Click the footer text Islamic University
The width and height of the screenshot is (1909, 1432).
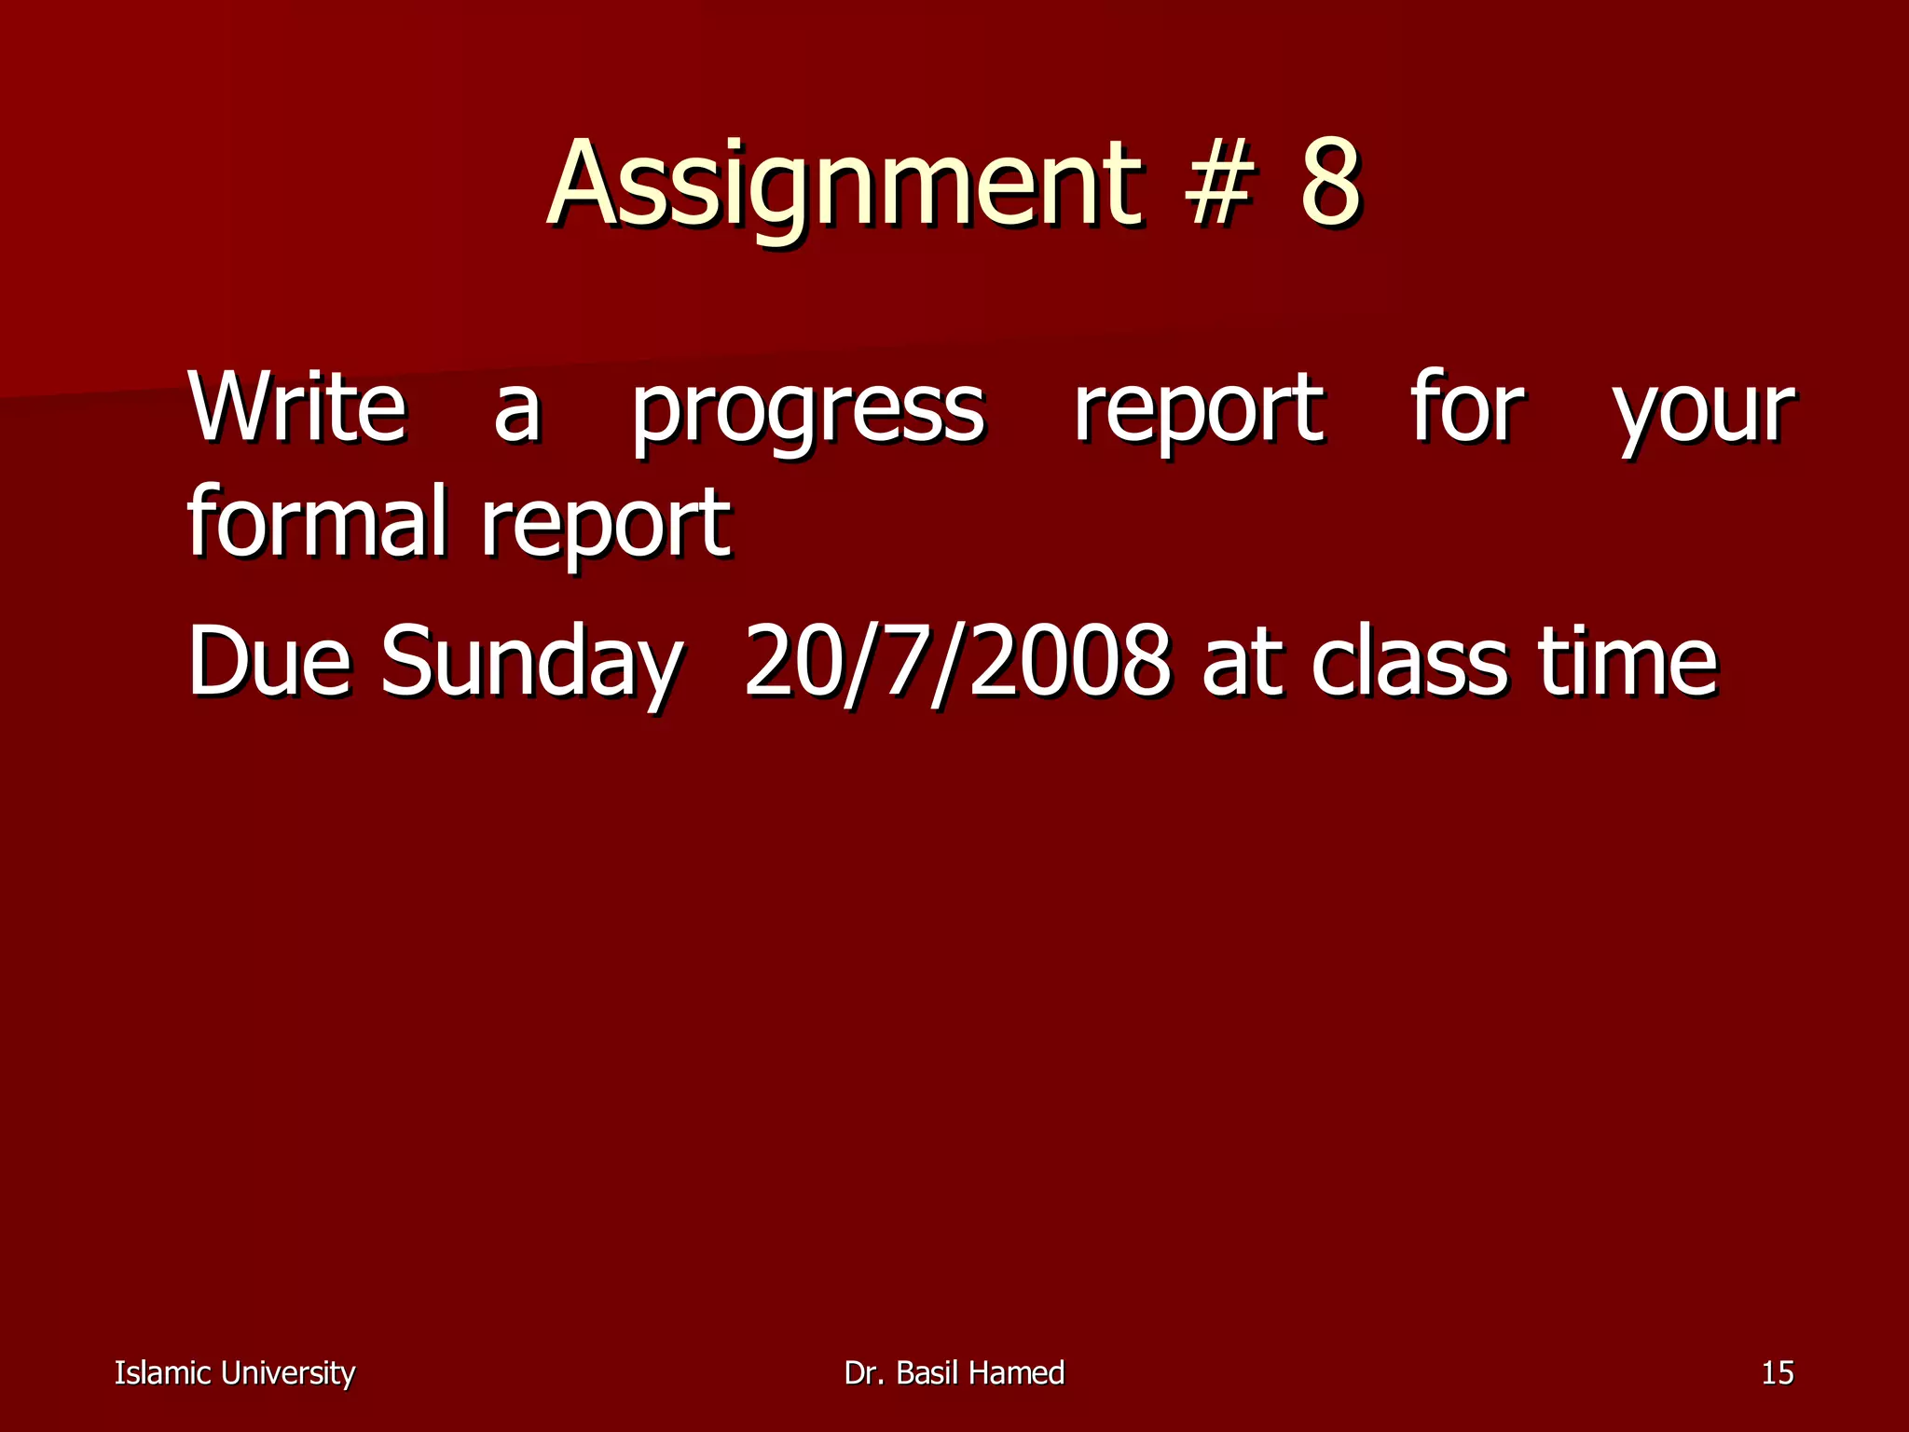click(235, 1373)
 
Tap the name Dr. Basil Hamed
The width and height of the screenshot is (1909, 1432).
click(954, 1373)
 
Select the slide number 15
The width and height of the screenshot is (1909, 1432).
click(1778, 1373)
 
